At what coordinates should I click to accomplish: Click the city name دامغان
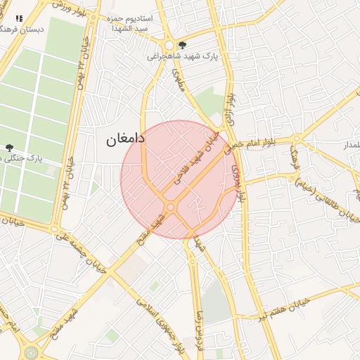(125, 139)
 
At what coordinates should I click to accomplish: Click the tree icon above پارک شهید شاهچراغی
(182, 44)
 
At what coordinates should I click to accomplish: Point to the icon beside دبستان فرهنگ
(19, 19)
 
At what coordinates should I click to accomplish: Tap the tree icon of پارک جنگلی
(9, 148)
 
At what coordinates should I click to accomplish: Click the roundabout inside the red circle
(171, 207)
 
